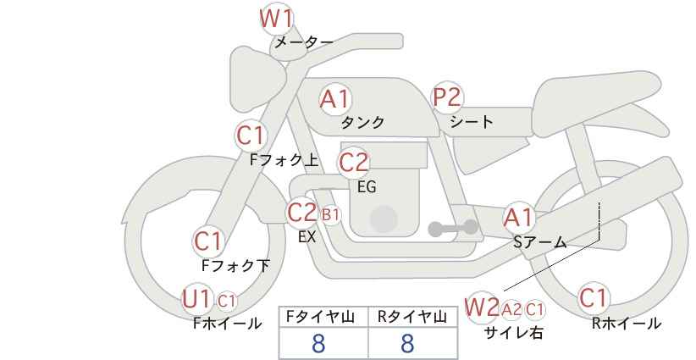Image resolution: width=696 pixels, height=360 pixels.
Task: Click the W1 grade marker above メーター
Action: [276, 19]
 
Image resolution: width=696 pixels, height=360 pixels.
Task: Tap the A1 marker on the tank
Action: [335, 99]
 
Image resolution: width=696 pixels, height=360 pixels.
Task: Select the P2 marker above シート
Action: [447, 97]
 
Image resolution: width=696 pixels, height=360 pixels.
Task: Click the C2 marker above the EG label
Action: [354, 163]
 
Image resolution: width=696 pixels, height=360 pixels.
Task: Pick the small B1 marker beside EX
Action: [331, 215]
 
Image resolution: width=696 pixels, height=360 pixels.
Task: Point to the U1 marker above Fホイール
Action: [196, 299]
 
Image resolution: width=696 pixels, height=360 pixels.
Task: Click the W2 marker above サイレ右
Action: [482, 307]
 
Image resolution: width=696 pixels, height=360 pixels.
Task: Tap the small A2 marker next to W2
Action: [511, 309]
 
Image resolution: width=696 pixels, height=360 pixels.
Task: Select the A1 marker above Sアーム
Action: [518, 219]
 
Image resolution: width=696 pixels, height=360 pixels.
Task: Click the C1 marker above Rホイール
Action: [593, 298]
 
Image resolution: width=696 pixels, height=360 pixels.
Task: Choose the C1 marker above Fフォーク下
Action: [207, 242]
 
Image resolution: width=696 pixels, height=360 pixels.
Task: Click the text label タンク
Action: [362, 123]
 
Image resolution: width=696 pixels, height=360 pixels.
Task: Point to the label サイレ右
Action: [514, 333]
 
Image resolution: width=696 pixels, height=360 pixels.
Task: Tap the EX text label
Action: [307, 237]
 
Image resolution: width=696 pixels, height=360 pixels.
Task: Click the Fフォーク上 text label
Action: [284, 160]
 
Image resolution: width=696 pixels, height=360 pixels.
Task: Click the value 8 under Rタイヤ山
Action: [407, 343]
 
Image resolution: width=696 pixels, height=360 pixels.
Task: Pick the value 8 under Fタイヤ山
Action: [318, 343]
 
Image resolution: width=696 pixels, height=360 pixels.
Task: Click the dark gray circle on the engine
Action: [384, 219]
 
